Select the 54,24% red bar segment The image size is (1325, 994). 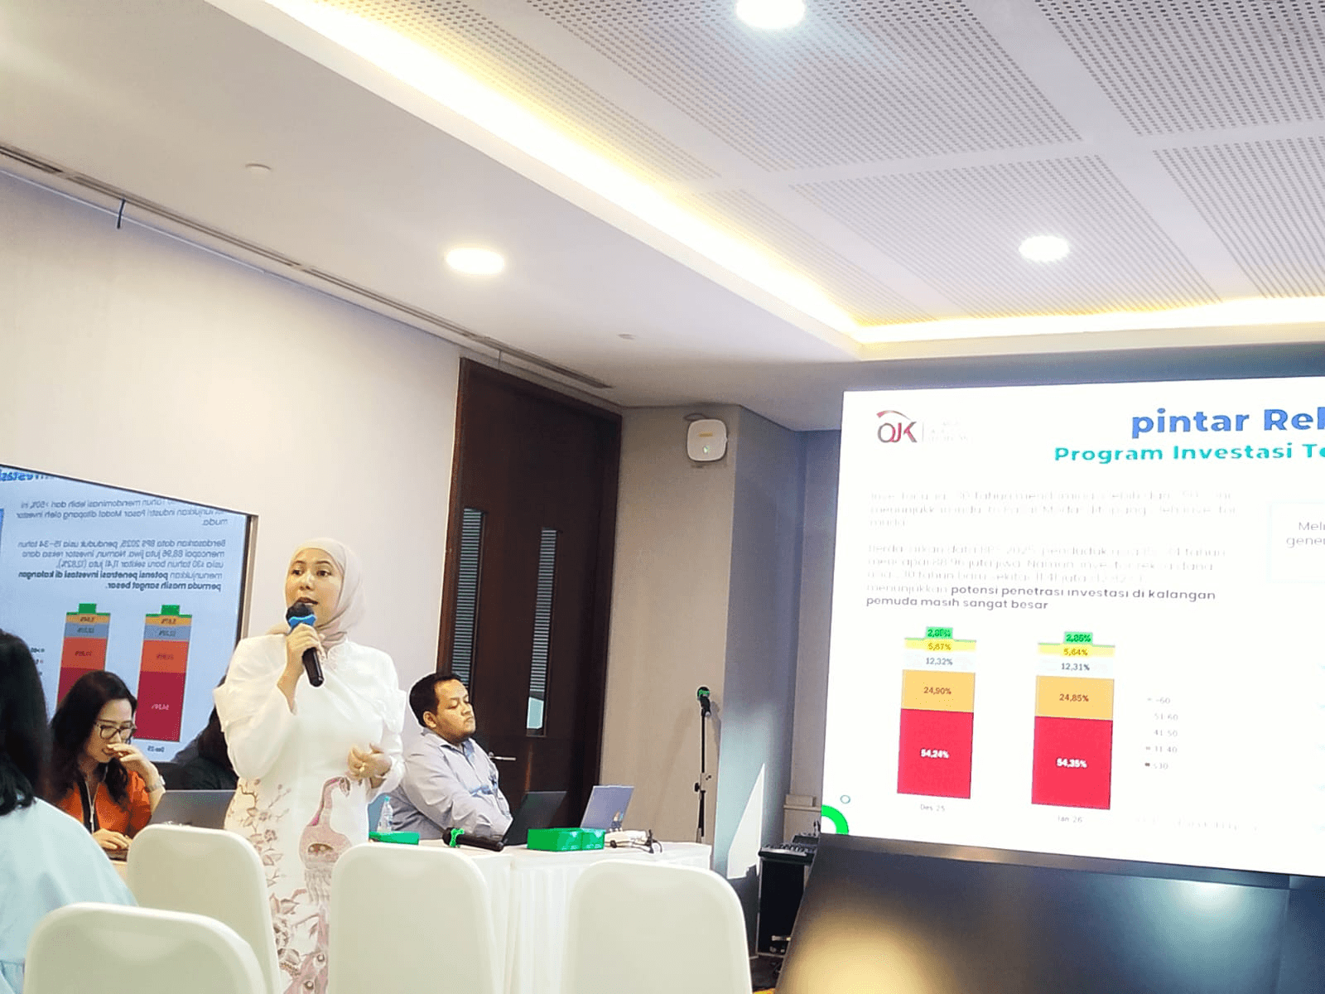[934, 754]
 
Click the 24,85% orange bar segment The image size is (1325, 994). [1073, 697]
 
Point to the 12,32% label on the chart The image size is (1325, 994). [938, 661]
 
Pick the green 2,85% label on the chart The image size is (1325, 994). [1077, 639]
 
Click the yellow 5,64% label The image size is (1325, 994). [1077, 652]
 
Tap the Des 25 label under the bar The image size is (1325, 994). [932, 807]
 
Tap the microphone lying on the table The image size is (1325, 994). [473, 839]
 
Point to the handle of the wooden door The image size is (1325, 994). [503, 756]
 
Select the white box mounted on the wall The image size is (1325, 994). [705, 437]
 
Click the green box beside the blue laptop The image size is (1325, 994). [567, 838]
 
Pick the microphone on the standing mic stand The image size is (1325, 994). [704, 700]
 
